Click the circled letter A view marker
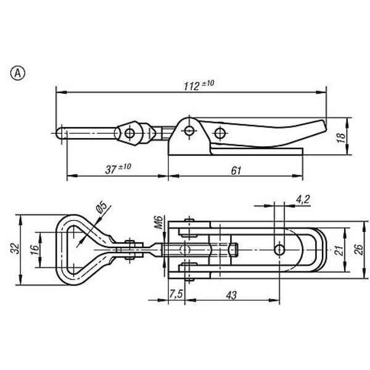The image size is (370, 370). point(18,73)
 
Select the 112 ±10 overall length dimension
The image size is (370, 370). point(199,85)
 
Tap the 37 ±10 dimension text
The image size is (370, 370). point(118,168)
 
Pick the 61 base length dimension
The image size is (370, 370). point(236,171)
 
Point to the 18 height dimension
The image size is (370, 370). point(341,137)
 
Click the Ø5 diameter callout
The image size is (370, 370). point(101,207)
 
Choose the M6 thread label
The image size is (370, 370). point(159,222)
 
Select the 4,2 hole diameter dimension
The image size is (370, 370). point(303,200)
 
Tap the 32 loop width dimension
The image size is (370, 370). point(15,249)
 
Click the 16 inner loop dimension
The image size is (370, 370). point(35,250)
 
